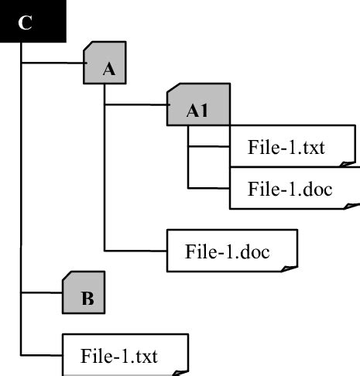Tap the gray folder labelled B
click(85, 292)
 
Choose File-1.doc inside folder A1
click(290, 190)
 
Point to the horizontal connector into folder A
click(52, 63)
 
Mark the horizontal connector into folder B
click(42, 292)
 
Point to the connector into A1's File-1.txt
click(208, 146)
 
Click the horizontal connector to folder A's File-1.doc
click(135, 249)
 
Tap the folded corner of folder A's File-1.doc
click(293, 266)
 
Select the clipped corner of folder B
click(67, 275)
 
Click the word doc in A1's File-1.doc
click(317, 190)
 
